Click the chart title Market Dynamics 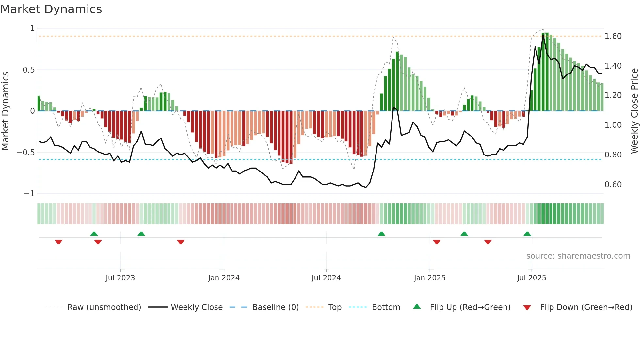coord(51,9)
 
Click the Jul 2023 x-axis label coord(120,278)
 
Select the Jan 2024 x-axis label coord(224,278)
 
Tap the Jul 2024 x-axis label coord(326,278)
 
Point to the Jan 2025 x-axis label coord(429,278)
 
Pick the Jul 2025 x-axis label coord(532,278)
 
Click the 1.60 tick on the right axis coord(613,36)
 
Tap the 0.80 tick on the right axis coord(613,155)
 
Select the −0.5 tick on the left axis coord(25,153)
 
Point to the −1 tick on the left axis coord(29,194)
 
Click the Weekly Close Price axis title coord(634,111)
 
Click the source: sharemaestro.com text coord(578,256)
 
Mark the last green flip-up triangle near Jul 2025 coord(527,234)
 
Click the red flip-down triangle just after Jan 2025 coord(437,242)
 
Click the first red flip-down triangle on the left coord(58,242)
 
